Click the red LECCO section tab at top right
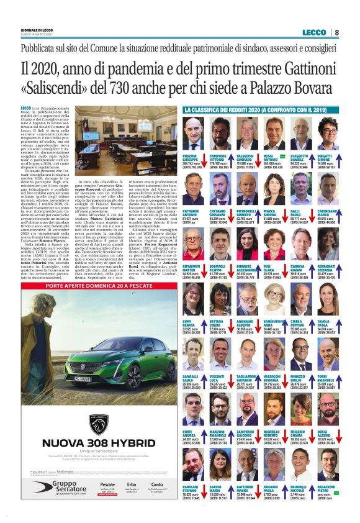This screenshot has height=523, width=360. (x=315, y=32)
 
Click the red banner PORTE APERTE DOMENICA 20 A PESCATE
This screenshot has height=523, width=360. (x=99, y=287)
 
